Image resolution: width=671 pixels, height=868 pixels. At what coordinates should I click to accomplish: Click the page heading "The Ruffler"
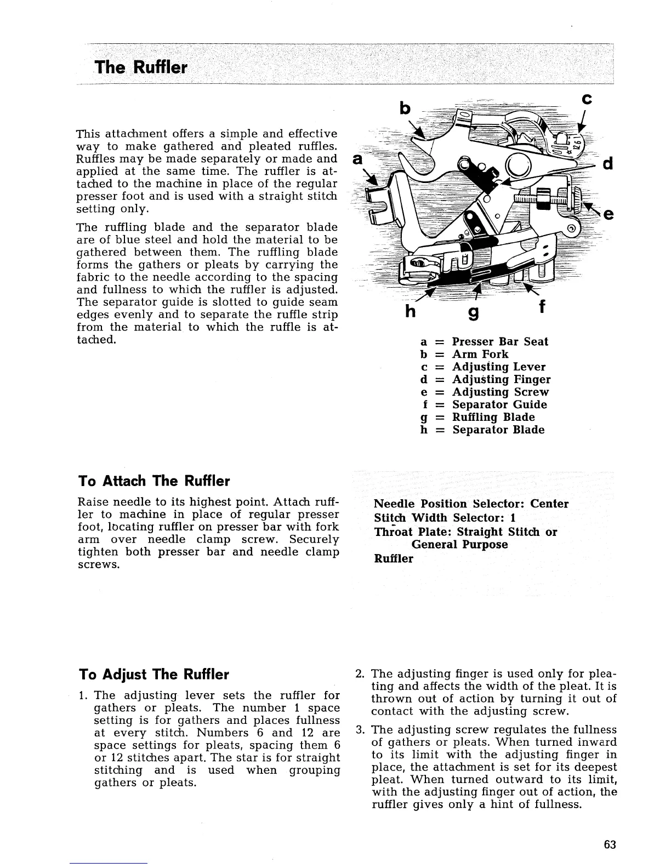pyautogui.click(x=141, y=68)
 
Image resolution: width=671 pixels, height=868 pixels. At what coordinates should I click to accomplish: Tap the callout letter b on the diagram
pyautogui.click(x=405, y=108)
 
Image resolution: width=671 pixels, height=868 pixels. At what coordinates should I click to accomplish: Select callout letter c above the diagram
pyautogui.click(x=587, y=99)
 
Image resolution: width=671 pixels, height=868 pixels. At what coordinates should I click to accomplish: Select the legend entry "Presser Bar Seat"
pyautogui.click(x=499, y=341)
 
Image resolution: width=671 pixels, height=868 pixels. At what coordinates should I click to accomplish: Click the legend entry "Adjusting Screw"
pyautogui.click(x=500, y=392)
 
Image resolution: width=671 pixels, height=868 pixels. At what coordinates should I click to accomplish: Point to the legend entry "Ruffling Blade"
pyautogui.click(x=493, y=417)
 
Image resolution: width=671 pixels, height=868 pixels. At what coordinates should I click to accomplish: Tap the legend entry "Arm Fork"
pyautogui.click(x=480, y=354)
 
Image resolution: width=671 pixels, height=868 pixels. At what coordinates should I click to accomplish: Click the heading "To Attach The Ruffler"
pyautogui.click(x=155, y=481)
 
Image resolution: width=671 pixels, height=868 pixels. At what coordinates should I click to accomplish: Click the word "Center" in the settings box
pyautogui.click(x=550, y=504)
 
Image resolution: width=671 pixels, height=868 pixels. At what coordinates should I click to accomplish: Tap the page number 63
pyautogui.click(x=610, y=844)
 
